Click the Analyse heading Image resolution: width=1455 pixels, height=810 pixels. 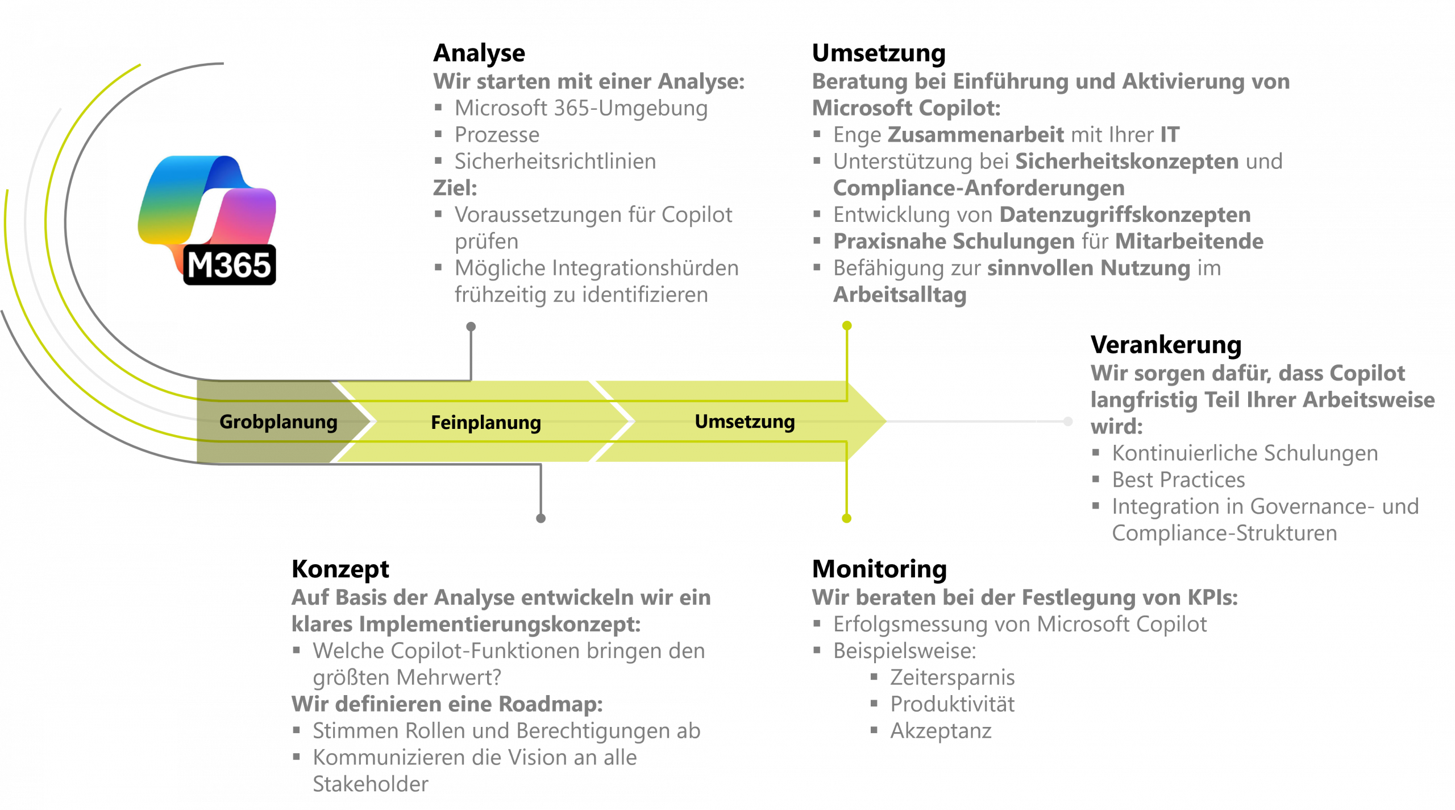[x=479, y=53]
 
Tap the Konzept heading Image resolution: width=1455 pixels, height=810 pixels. [x=340, y=569]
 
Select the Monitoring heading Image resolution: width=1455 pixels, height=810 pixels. [x=879, y=569]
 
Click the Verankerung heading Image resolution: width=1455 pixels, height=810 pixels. [x=1165, y=345]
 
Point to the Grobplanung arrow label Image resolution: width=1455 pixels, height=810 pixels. [x=278, y=421]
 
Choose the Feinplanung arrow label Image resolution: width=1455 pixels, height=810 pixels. [x=486, y=423]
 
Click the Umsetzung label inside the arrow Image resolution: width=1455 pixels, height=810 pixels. [x=745, y=421]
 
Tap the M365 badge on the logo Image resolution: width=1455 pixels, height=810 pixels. [x=230, y=265]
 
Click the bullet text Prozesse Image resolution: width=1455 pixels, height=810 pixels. [x=497, y=135]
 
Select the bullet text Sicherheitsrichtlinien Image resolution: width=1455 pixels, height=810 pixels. [x=555, y=162]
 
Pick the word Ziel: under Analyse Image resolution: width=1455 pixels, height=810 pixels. [x=455, y=188]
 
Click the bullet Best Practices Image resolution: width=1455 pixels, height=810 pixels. [x=1178, y=480]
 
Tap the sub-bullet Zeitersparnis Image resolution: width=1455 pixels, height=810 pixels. [x=952, y=677]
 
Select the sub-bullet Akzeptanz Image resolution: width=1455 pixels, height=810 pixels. [x=941, y=731]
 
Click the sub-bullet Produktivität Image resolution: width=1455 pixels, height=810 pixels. [x=952, y=704]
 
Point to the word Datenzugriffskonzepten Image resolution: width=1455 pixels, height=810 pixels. [x=1125, y=215]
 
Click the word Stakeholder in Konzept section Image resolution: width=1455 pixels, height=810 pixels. [x=370, y=784]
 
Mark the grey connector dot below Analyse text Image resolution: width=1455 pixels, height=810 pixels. [x=471, y=327]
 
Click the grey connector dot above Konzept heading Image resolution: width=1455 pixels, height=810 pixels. [x=541, y=518]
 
